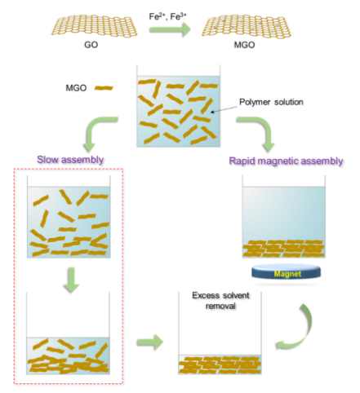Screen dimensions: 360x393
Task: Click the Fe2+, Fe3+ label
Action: pyautogui.click(x=167, y=16)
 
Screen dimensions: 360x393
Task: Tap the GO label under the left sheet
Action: pyautogui.click(x=91, y=45)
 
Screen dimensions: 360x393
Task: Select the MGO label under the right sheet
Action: pyautogui.click(x=244, y=45)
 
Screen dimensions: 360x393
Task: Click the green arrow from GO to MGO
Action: pyautogui.click(x=170, y=29)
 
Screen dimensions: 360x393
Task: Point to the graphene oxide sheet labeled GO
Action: pyautogui.click(x=94, y=26)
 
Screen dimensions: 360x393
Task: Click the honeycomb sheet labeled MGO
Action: pyautogui.click(x=247, y=27)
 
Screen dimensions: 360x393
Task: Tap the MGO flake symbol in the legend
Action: pyautogui.click(x=104, y=88)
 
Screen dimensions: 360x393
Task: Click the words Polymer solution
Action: pyautogui.click(x=271, y=102)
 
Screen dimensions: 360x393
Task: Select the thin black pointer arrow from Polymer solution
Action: pyautogui.click(x=224, y=109)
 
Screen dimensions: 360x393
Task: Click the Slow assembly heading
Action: pyautogui.click(x=70, y=160)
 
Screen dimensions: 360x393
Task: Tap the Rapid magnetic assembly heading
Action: pyautogui.click(x=286, y=161)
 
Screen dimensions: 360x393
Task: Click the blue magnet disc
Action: pyautogui.click(x=286, y=272)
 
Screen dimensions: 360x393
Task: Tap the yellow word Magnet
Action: pyautogui.click(x=287, y=274)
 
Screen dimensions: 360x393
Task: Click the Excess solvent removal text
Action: pyautogui.click(x=220, y=301)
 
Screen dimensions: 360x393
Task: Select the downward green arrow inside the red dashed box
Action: pyautogui.click(x=71, y=280)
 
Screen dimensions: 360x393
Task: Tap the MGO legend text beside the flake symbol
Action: pyautogui.click(x=76, y=88)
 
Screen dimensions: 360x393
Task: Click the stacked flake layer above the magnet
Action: pyautogui.click(x=283, y=249)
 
